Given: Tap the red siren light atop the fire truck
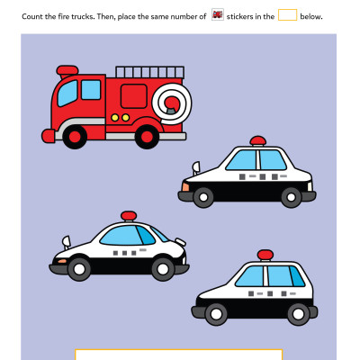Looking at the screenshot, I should tap(67, 70).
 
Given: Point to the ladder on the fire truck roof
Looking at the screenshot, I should tap(148, 73).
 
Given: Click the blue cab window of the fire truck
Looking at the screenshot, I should tap(90, 90).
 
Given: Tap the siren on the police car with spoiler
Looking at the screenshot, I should tap(129, 216).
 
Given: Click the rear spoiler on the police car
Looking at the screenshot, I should tap(66, 242).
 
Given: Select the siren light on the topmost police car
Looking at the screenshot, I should tap(258, 140).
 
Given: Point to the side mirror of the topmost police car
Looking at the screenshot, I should tap(194, 166).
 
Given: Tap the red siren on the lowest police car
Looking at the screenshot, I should tap(265, 255).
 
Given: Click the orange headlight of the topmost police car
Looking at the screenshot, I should tap(185, 185).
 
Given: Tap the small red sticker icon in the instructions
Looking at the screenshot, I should tap(218, 14).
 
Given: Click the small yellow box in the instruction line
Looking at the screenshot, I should tap(287, 14).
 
